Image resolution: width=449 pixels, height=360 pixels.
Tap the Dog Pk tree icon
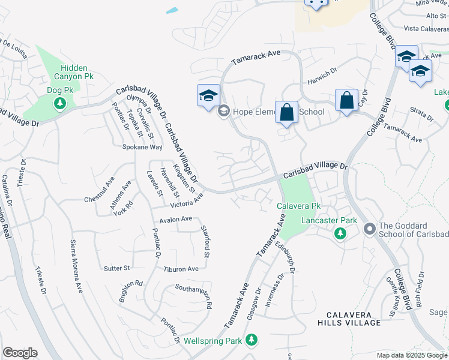60,103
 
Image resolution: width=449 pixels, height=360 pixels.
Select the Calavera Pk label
299,206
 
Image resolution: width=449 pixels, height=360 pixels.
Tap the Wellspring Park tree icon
252,340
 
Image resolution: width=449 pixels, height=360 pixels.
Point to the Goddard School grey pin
370,228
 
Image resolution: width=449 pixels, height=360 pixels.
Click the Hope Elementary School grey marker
224,111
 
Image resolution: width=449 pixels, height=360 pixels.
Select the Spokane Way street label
142,146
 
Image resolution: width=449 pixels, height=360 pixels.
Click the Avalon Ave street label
175,218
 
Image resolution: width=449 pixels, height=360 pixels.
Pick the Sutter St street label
116,268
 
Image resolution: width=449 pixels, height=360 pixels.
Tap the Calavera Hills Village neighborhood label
354,319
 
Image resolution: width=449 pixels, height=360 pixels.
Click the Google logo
20,353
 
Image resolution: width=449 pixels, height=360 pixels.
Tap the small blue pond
172,11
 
